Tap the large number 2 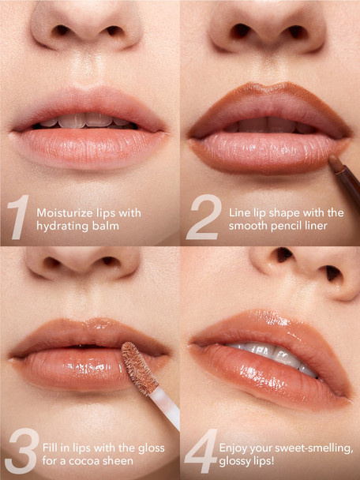(x=202, y=219)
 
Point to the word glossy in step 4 (x=237, y=461)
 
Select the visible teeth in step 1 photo (x=87, y=121)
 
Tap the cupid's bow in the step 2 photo (x=269, y=94)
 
